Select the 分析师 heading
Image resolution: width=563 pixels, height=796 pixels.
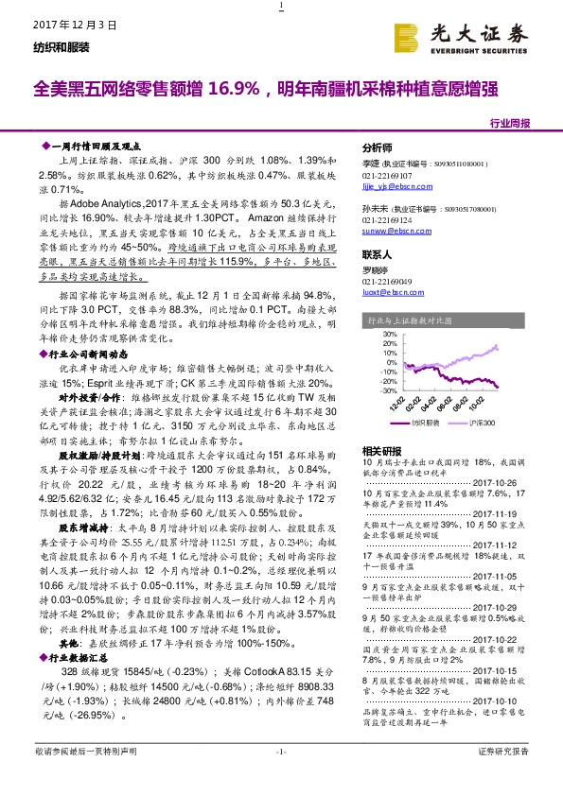(378, 149)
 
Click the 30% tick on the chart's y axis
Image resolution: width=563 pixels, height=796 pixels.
(387, 334)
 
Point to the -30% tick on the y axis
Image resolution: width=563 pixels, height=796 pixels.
(385, 389)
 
